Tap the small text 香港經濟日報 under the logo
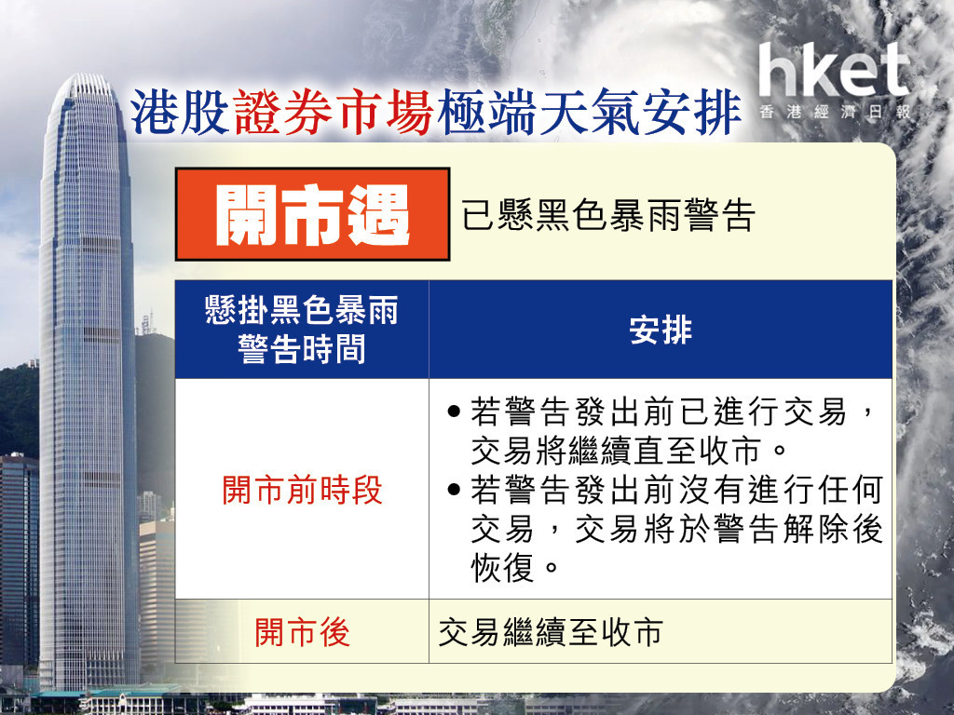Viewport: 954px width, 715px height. tap(835, 112)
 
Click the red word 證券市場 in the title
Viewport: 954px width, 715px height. tap(334, 113)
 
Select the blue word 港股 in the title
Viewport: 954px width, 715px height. tap(180, 113)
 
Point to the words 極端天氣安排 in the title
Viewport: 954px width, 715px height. tap(589, 113)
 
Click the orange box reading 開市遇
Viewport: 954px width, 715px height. tap(313, 214)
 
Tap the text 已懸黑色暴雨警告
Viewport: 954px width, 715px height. tap(608, 215)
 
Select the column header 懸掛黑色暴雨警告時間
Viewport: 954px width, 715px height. tap(302, 330)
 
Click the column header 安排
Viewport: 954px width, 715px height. tap(661, 331)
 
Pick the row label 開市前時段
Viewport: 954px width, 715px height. tap(303, 490)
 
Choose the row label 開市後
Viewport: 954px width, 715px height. tap(303, 632)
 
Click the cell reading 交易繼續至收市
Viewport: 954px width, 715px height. tap(551, 632)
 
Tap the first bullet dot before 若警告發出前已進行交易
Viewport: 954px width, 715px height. tap(454, 411)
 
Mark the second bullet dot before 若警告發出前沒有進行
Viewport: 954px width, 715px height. tap(454, 489)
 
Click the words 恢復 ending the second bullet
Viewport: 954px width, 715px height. tap(502, 567)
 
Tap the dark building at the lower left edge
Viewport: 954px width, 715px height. tap(19, 560)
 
